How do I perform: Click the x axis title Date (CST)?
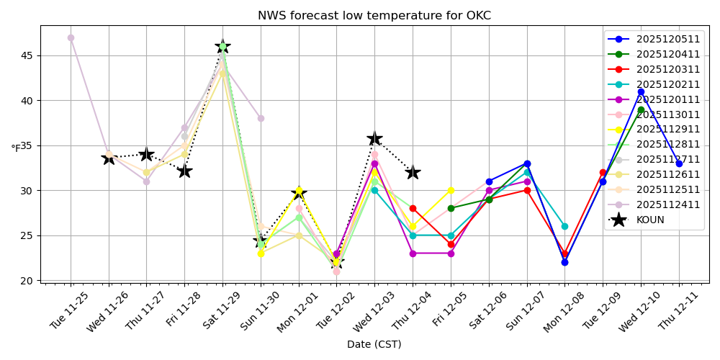pyautogui.click(x=374, y=344)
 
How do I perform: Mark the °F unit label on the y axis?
pyautogui.click(x=15, y=148)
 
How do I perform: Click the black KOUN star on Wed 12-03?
pyautogui.click(x=374, y=138)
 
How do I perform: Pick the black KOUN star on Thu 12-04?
pyautogui.click(x=413, y=172)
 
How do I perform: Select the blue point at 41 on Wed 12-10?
pyautogui.click(x=641, y=91)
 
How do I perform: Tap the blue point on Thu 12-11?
pyautogui.click(x=679, y=163)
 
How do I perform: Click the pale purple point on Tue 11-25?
pyautogui.click(x=71, y=37)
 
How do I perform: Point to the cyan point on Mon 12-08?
pyautogui.click(x=564, y=226)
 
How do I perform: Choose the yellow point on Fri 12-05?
pyautogui.click(x=451, y=190)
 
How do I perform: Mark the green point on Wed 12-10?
pyautogui.click(x=641, y=109)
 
